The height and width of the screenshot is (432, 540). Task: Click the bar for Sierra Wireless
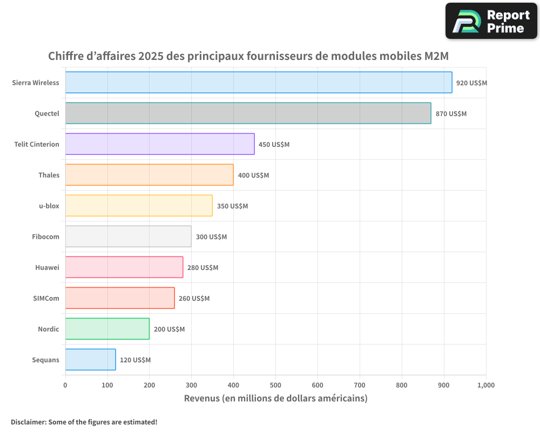click(259, 83)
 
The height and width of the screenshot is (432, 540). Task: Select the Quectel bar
click(248, 113)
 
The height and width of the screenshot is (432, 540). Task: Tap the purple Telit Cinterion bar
click(160, 144)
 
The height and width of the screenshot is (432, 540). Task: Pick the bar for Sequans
click(90, 360)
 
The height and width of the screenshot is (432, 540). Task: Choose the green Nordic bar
click(107, 329)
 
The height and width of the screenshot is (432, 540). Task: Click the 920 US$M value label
click(471, 83)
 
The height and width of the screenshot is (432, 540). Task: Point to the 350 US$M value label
click(232, 206)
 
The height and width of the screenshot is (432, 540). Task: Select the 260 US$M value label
click(194, 299)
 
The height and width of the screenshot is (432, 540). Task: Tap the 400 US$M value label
click(253, 175)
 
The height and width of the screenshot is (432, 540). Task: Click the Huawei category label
click(47, 267)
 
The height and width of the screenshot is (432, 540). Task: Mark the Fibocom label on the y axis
click(45, 237)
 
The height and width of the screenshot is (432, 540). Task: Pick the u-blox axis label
click(49, 206)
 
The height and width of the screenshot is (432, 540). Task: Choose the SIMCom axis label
click(46, 298)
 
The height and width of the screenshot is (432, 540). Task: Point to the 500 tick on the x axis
click(275, 385)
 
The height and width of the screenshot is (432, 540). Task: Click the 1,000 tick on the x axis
click(485, 385)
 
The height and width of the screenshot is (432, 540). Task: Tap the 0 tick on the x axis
click(65, 385)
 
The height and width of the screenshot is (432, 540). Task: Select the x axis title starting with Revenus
click(275, 399)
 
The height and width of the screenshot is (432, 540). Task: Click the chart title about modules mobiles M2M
click(248, 56)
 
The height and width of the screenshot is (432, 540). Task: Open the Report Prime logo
click(491, 21)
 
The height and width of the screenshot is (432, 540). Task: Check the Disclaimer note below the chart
click(84, 422)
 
